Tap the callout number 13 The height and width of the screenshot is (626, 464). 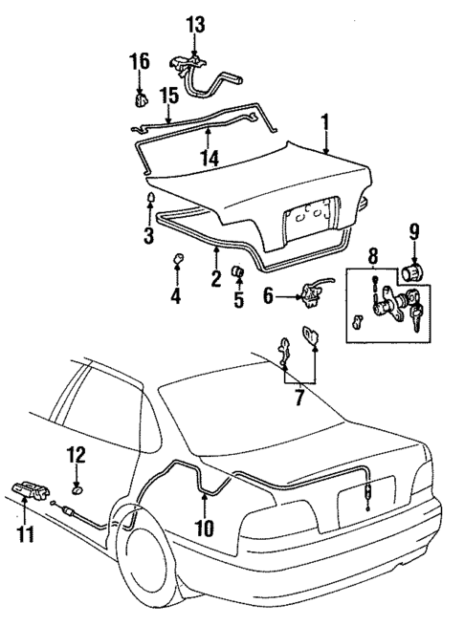195,25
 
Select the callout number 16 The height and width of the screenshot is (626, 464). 140,63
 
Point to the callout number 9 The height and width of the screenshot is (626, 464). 414,232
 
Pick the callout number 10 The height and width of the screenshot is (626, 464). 203,526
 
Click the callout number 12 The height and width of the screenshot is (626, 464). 77,454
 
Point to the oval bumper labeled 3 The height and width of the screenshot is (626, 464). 150,199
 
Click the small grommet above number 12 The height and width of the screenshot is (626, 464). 77,489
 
